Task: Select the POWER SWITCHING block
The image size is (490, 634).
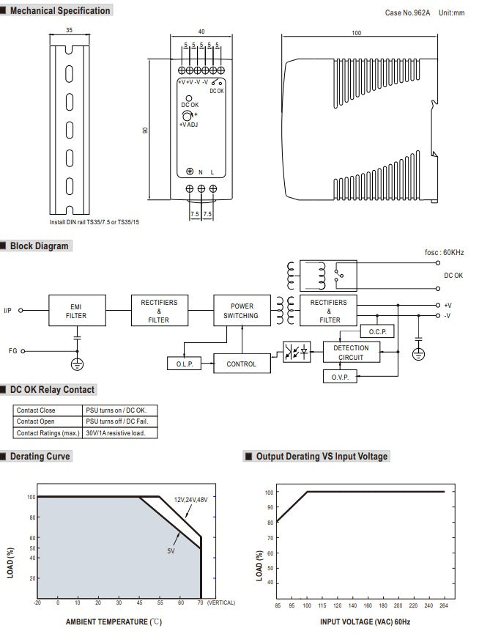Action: [242, 311]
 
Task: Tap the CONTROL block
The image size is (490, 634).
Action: [242, 364]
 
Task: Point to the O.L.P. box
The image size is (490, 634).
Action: [184, 364]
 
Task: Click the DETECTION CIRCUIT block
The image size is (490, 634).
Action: [351, 353]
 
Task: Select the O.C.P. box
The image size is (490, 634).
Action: [378, 332]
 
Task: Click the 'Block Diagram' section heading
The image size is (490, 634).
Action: [39, 246]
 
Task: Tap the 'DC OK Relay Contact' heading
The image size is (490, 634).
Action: [52, 389]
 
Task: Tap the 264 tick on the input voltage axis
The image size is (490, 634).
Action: [444, 605]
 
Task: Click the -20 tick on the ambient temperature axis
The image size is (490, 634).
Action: [37, 602]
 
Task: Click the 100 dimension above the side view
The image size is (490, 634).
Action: [357, 33]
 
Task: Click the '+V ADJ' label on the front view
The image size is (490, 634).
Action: [188, 125]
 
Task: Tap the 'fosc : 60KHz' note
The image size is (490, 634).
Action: [445, 253]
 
